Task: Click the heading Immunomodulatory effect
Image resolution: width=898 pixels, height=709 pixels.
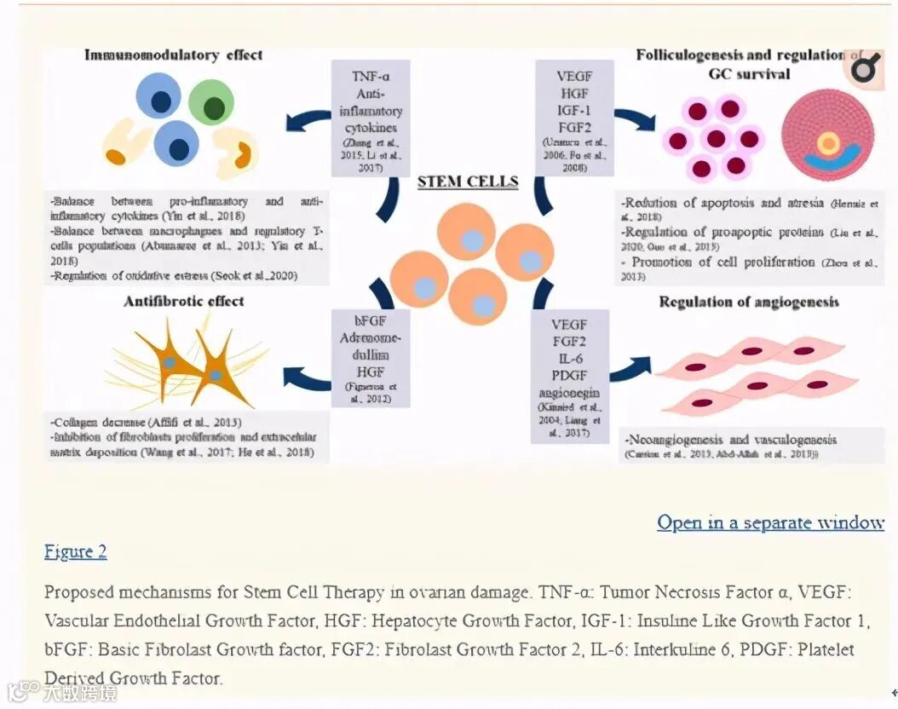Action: (x=173, y=55)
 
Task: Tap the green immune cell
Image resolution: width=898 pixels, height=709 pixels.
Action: (x=210, y=103)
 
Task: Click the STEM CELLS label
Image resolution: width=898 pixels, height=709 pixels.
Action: (x=468, y=182)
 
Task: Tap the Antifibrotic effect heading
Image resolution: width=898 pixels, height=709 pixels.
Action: (x=184, y=301)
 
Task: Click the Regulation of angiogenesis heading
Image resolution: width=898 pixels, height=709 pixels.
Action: (x=749, y=302)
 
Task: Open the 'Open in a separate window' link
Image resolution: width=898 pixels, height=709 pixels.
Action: (x=770, y=522)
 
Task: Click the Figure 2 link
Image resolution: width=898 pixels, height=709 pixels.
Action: (x=76, y=551)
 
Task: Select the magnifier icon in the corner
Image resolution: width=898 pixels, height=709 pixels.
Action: (x=864, y=67)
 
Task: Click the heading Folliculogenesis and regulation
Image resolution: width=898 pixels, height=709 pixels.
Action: (x=740, y=55)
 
